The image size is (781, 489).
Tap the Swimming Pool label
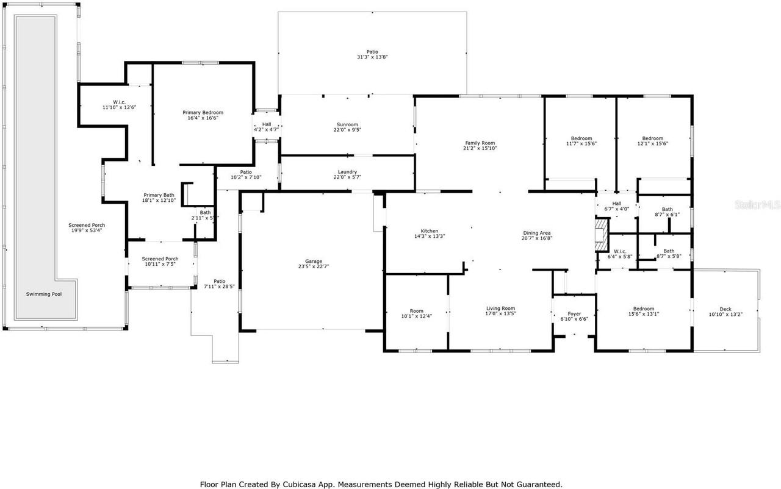tap(44, 294)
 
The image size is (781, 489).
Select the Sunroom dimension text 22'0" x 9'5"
tap(347, 130)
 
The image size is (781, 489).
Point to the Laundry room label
tap(347, 172)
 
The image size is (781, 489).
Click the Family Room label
tap(480, 143)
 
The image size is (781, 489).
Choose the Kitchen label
tap(429, 231)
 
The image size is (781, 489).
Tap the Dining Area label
tap(537, 233)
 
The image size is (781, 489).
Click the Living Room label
tap(500, 309)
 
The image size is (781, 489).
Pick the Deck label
tap(724, 309)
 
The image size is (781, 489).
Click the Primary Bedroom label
tap(203, 112)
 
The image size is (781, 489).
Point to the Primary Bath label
tap(159, 195)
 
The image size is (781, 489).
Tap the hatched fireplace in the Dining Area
tap(602, 235)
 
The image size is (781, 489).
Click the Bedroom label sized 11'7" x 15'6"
tap(581, 138)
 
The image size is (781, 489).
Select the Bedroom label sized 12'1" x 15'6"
tap(652, 138)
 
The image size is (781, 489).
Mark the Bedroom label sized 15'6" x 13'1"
tap(643, 309)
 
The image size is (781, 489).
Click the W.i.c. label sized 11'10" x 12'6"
tap(119, 102)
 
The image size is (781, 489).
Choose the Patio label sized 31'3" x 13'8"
tap(372, 52)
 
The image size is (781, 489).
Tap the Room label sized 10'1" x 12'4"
tap(416, 311)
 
